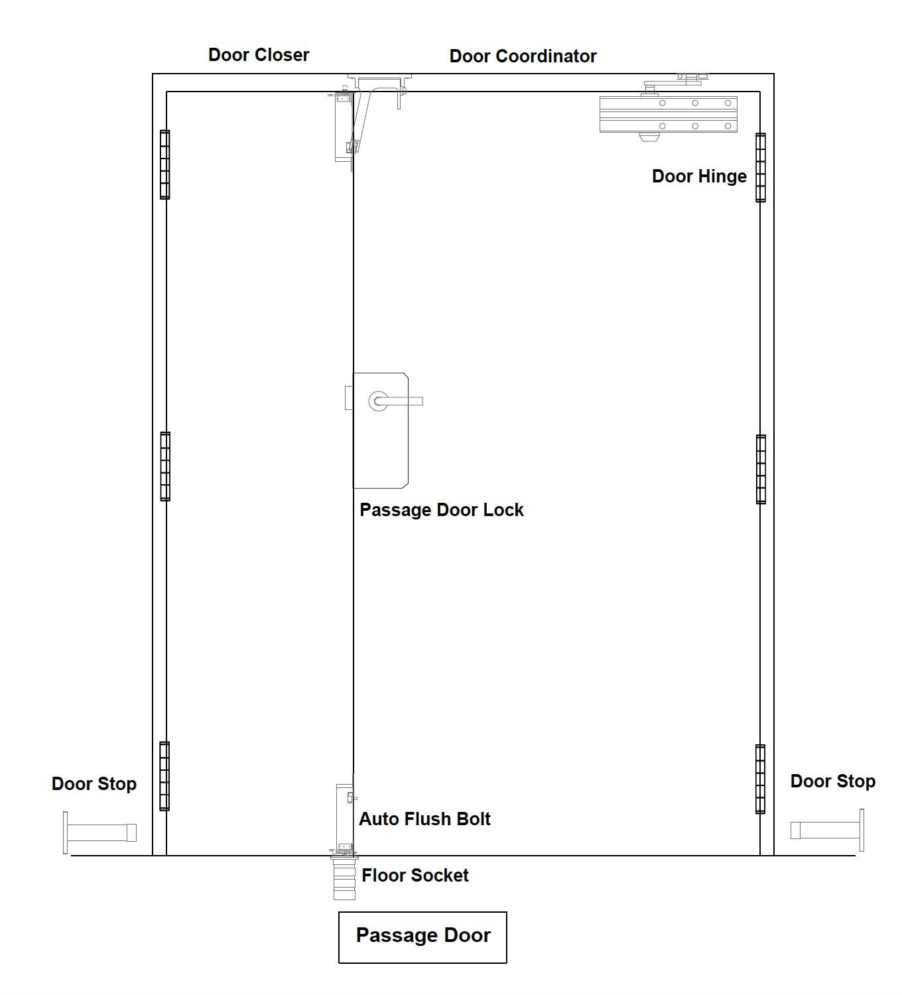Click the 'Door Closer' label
(x=259, y=54)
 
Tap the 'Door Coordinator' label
(x=523, y=56)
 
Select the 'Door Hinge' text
(x=698, y=176)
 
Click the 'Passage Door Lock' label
(x=441, y=510)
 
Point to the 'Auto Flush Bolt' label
(x=424, y=819)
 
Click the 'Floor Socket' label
(x=415, y=875)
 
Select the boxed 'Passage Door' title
(x=422, y=935)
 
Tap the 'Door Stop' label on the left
(x=94, y=783)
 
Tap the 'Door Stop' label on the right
(x=832, y=781)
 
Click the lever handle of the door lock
(x=397, y=401)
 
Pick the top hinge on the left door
(x=164, y=165)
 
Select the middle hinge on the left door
(x=165, y=466)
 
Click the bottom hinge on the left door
(x=164, y=776)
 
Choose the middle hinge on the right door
(x=761, y=469)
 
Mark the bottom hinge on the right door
(x=760, y=779)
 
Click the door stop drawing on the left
(x=99, y=832)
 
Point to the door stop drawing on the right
(x=827, y=830)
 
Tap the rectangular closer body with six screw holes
(x=669, y=115)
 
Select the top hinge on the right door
(x=761, y=168)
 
